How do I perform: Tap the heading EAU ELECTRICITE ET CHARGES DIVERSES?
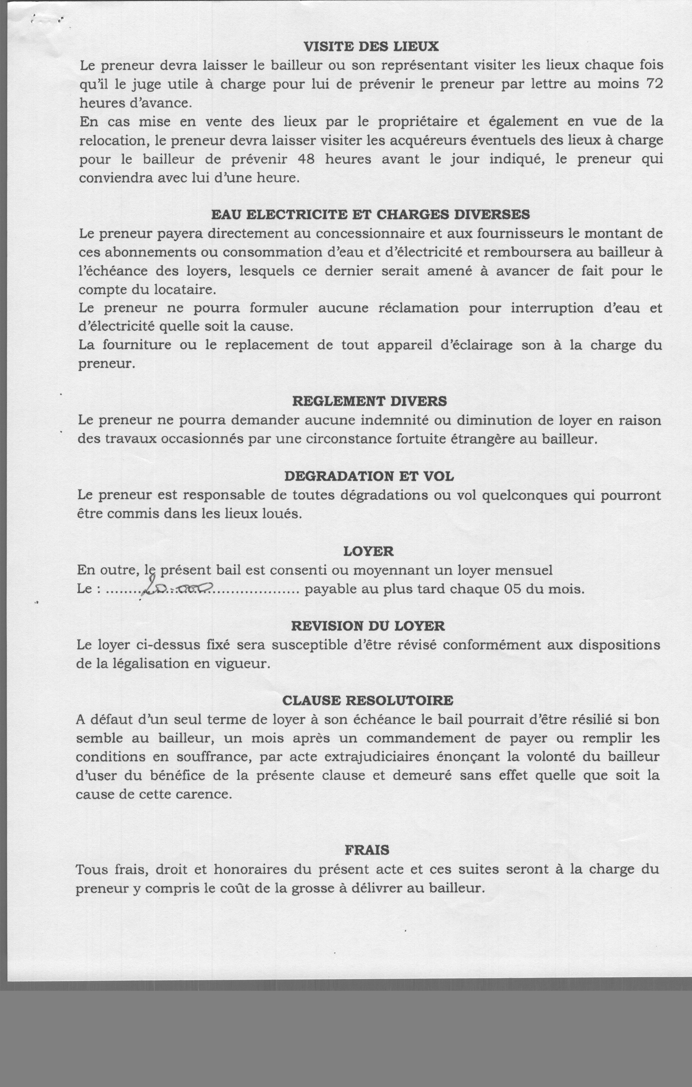coord(370,214)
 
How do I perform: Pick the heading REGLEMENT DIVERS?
coord(369,401)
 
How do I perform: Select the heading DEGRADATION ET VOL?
coord(369,476)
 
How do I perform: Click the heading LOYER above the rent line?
coord(368,551)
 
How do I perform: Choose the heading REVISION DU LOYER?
coord(368,626)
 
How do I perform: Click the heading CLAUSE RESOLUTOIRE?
coord(368,701)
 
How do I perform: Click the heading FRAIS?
coord(367,850)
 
